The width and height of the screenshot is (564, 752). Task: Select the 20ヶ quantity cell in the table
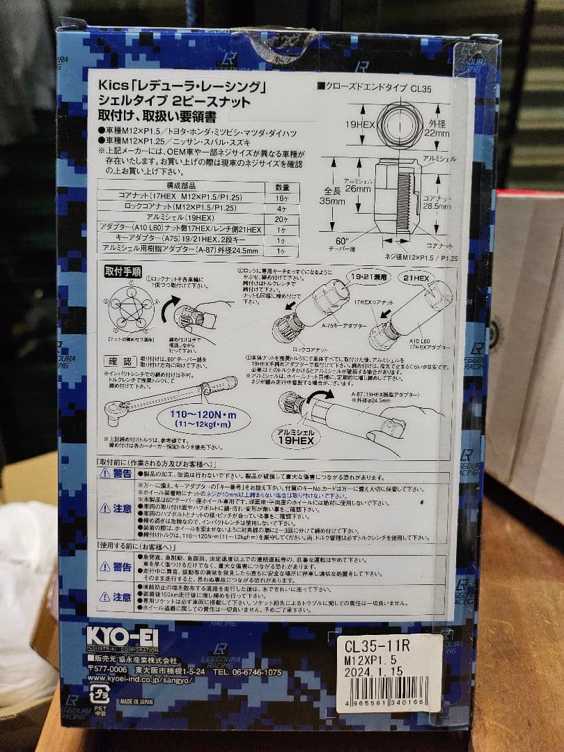pos(282,217)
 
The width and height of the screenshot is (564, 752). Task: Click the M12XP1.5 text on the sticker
pos(370,659)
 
